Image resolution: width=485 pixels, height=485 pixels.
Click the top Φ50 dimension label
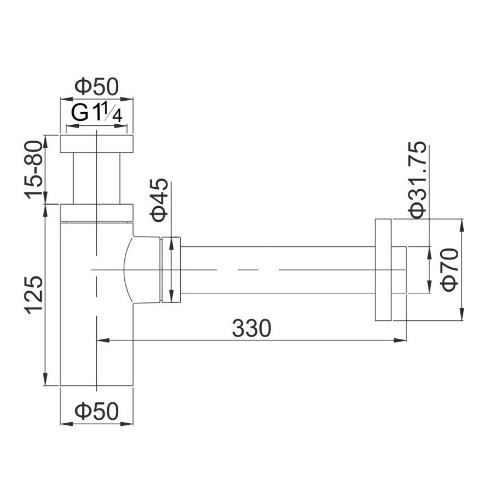(96, 86)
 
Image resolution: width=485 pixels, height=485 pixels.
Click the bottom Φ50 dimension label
(96, 411)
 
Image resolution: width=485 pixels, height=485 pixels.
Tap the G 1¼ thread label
(96, 113)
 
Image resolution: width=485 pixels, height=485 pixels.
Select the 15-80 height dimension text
(33, 169)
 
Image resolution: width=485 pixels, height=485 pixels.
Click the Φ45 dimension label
(159, 200)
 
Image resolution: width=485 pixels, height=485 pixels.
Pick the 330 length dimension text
(251, 328)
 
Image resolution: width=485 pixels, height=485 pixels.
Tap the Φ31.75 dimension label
(417, 180)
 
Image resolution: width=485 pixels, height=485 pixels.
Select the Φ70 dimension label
(450, 270)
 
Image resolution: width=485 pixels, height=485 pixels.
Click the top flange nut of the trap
(96, 144)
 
